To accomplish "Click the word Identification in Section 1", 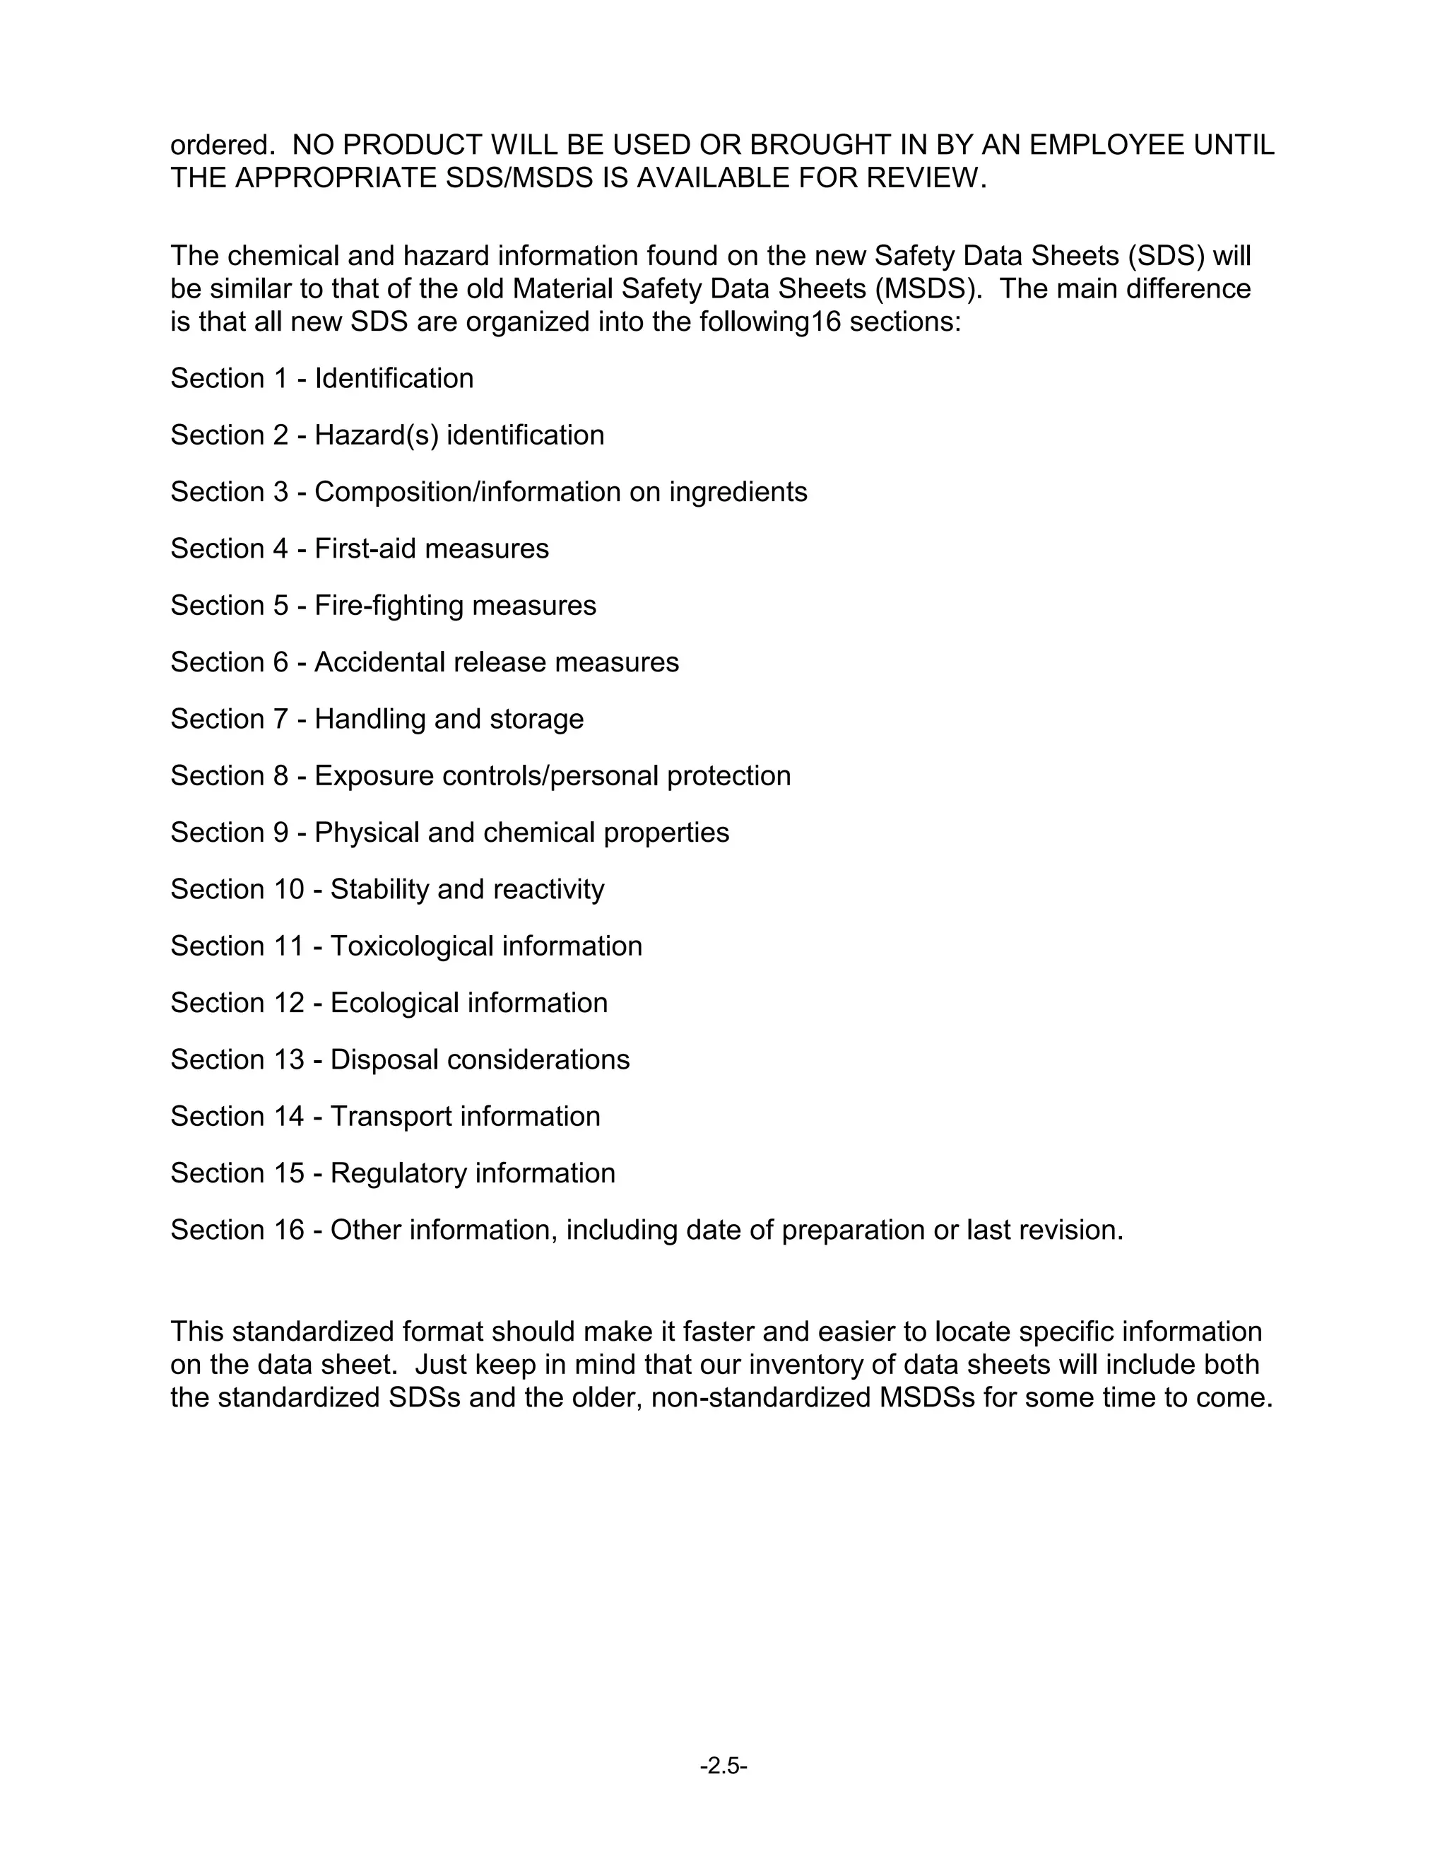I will (394, 378).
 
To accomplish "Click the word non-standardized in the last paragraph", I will (760, 1397).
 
